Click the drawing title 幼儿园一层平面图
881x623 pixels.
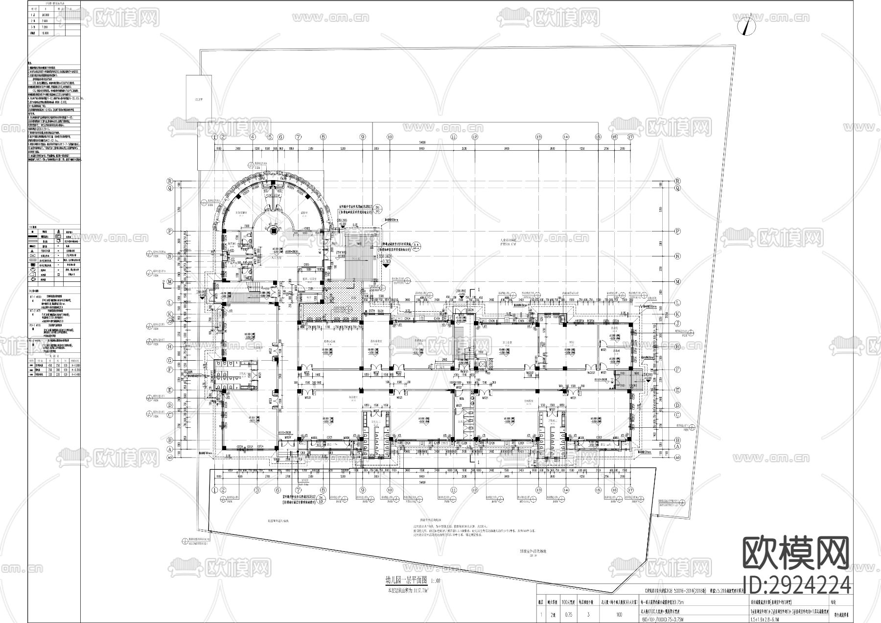click(407, 581)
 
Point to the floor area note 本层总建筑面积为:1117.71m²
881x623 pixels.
click(407, 590)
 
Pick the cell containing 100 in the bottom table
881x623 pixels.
click(620, 615)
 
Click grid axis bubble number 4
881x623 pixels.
click(253, 137)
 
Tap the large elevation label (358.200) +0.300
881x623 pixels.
click(387, 258)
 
